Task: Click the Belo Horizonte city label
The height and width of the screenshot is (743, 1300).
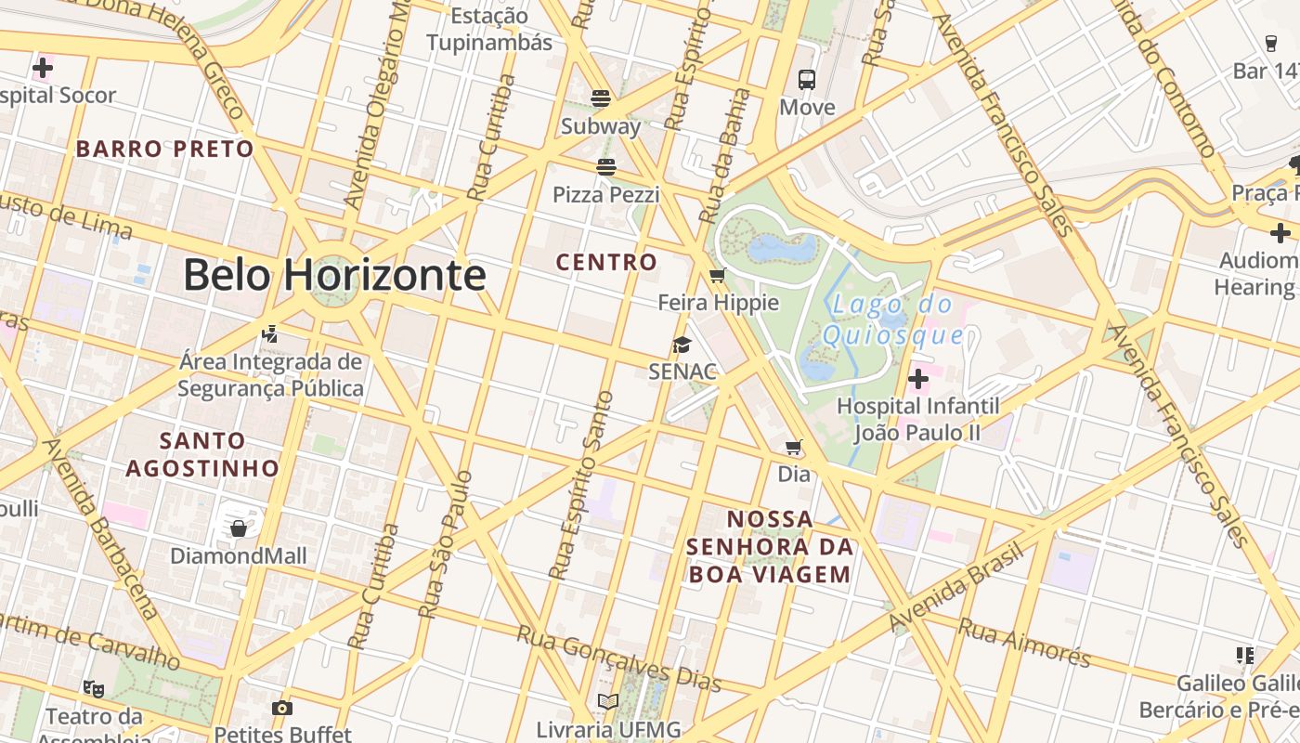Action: pyautogui.click(x=334, y=275)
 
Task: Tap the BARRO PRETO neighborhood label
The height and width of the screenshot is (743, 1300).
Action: pyautogui.click(x=164, y=149)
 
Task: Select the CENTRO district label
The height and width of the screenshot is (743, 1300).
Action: pyautogui.click(x=606, y=262)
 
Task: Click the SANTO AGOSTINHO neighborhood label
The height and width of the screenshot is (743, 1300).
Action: pyautogui.click(x=202, y=454)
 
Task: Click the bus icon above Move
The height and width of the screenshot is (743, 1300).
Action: pyautogui.click(x=806, y=80)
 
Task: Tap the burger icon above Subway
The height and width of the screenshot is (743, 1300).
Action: pyautogui.click(x=601, y=98)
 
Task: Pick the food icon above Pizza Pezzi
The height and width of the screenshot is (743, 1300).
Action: pyautogui.click(x=606, y=167)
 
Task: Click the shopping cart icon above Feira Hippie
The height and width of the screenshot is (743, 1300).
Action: pyautogui.click(x=717, y=275)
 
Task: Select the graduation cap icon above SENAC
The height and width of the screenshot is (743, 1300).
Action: pyautogui.click(x=682, y=345)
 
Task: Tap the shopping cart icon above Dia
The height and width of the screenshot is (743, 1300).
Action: pyautogui.click(x=794, y=448)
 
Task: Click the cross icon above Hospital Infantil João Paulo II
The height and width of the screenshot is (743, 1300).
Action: pyautogui.click(x=918, y=379)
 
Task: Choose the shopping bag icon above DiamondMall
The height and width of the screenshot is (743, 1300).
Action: pyautogui.click(x=239, y=528)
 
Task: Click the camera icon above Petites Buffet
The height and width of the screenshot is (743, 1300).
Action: pyautogui.click(x=282, y=708)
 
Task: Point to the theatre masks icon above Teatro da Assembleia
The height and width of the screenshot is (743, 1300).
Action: pyautogui.click(x=93, y=688)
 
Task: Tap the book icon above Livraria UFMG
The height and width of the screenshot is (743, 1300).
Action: pyautogui.click(x=608, y=702)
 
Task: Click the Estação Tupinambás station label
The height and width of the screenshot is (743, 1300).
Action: pyautogui.click(x=489, y=29)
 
